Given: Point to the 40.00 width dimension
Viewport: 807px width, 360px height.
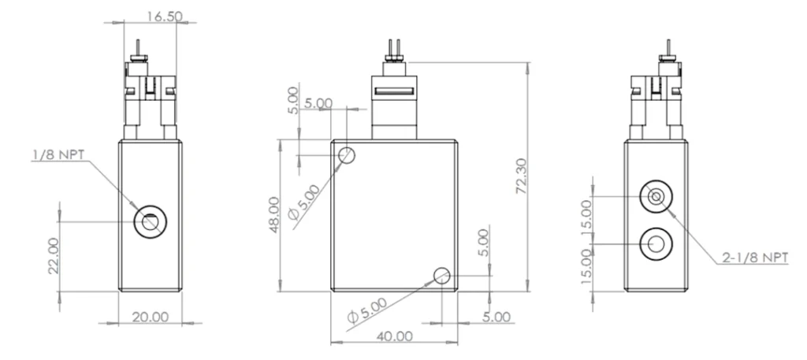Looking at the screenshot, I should pyautogui.click(x=393, y=336).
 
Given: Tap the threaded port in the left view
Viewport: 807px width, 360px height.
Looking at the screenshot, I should pyautogui.click(x=150, y=222).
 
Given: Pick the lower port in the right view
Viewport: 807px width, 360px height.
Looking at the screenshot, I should pyautogui.click(x=656, y=245).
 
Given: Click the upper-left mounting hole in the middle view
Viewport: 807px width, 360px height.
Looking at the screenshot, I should pyautogui.click(x=347, y=155).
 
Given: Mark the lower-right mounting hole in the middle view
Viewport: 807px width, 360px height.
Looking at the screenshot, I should pyautogui.click(x=441, y=276).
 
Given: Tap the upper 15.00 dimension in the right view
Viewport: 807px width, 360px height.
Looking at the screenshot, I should pyautogui.click(x=585, y=214).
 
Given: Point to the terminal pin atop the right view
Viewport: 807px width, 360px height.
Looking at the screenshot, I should pyautogui.click(x=668, y=49).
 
